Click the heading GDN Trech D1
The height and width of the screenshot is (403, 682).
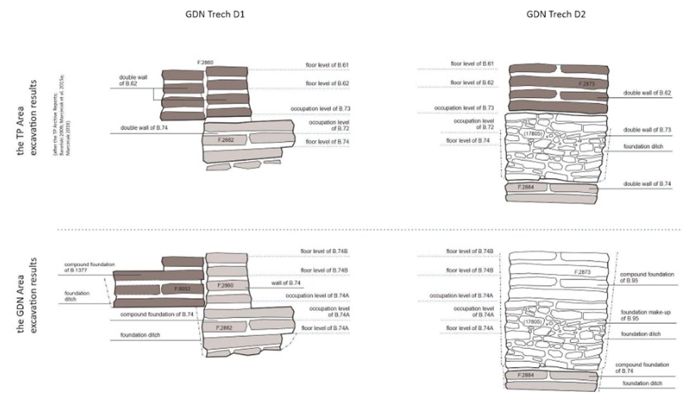pos(215,15)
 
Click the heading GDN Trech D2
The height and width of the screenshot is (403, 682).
pos(555,15)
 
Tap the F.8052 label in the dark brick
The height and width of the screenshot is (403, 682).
pos(182,289)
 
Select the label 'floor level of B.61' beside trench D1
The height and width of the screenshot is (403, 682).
pos(327,65)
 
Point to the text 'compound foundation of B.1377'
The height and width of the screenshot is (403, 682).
pos(89,267)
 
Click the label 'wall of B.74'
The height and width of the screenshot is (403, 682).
pos(285,283)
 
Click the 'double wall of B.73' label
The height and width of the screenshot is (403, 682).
pos(646,130)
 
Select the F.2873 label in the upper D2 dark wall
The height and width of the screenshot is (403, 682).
pos(586,84)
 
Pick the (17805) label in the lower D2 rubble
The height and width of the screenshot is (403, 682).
pos(533,322)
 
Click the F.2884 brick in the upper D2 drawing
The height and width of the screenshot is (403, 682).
pos(525,187)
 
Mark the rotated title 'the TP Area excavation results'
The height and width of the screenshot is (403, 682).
pos(27,118)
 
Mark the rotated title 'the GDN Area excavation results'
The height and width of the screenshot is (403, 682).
pos(27,295)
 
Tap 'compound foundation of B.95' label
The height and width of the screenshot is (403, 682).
pos(646,277)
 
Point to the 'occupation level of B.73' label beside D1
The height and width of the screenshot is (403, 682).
pos(320,109)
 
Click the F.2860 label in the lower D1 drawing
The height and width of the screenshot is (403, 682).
pos(225,286)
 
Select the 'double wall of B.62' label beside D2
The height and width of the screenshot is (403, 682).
pos(646,93)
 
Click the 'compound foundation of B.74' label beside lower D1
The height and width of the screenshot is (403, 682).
pos(156,315)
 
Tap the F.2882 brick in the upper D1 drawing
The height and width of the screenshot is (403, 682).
pos(226,140)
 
